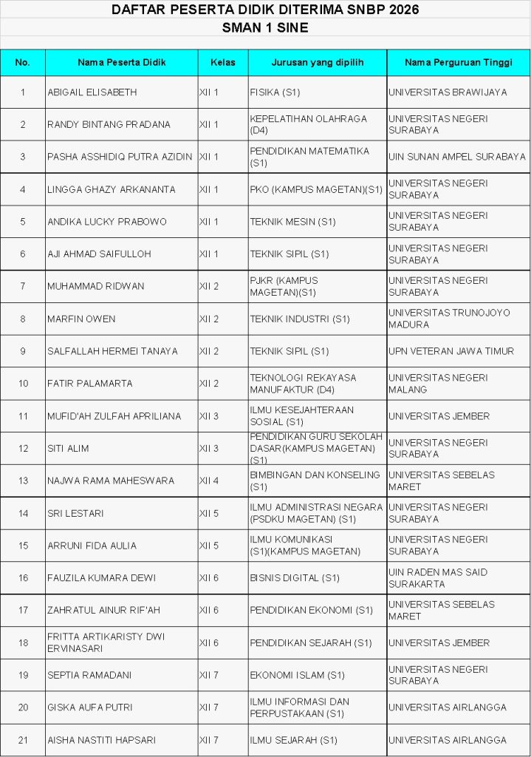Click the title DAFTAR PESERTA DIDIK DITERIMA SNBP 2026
(265, 10)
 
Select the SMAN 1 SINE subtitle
(265, 28)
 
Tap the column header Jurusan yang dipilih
(318, 63)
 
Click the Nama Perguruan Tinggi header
(459, 63)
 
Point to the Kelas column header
(222, 63)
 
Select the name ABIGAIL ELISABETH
(92, 92)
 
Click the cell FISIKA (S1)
(275, 92)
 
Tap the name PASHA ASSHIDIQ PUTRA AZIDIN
(120, 157)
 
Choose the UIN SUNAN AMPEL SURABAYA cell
(457, 157)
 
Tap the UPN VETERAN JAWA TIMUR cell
(451, 351)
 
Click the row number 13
(23, 481)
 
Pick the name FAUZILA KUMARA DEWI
(100, 578)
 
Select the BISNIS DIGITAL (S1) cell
(295, 578)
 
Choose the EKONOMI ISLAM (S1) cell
(298, 675)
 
